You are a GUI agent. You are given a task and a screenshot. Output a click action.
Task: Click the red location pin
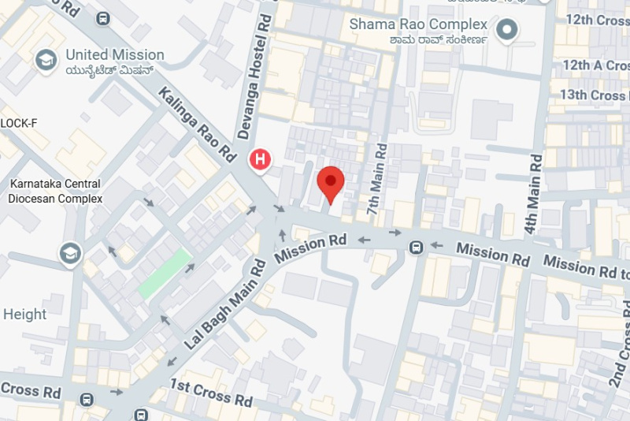pos(331,184)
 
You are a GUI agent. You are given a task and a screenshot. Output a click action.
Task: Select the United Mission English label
pos(115,55)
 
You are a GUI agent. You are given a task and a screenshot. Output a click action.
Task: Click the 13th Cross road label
pos(593,95)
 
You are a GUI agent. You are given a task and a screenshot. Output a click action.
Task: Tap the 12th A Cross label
pos(595,65)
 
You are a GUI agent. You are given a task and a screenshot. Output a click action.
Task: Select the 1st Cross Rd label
pos(212,392)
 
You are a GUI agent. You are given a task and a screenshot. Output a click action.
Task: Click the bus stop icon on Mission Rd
pos(416,248)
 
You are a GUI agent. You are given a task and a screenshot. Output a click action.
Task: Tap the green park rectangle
pos(165,274)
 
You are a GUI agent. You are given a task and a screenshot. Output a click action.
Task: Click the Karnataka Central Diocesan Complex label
pos(55,191)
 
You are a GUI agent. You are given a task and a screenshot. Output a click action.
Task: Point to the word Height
pos(24,315)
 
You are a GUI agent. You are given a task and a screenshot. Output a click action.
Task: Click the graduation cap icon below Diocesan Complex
pos(70,253)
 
